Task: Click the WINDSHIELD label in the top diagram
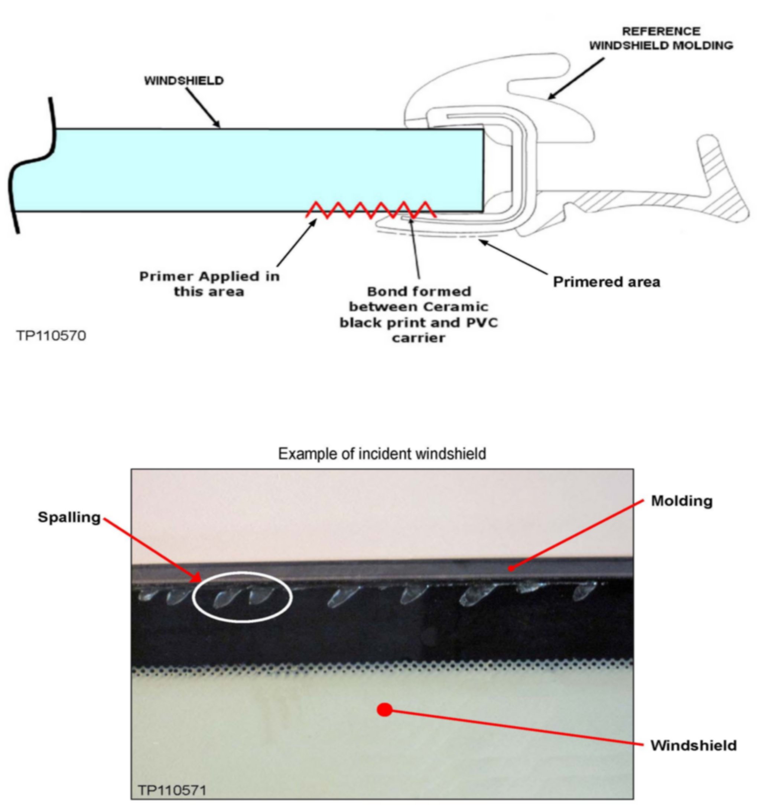click(x=184, y=81)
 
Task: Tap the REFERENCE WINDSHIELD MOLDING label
click(x=661, y=38)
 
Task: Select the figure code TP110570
click(x=51, y=336)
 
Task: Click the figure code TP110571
click(x=172, y=790)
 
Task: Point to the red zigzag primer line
click(x=371, y=210)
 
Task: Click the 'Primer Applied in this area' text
click(x=209, y=284)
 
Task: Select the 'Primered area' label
click(x=607, y=282)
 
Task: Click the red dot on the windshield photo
click(x=384, y=710)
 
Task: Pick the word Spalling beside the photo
click(x=69, y=517)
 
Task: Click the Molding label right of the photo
click(x=682, y=501)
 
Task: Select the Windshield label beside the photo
click(x=693, y=745)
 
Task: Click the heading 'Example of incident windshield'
click(x=382, y=453)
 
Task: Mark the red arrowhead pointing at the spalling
click(x=197, y=578)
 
